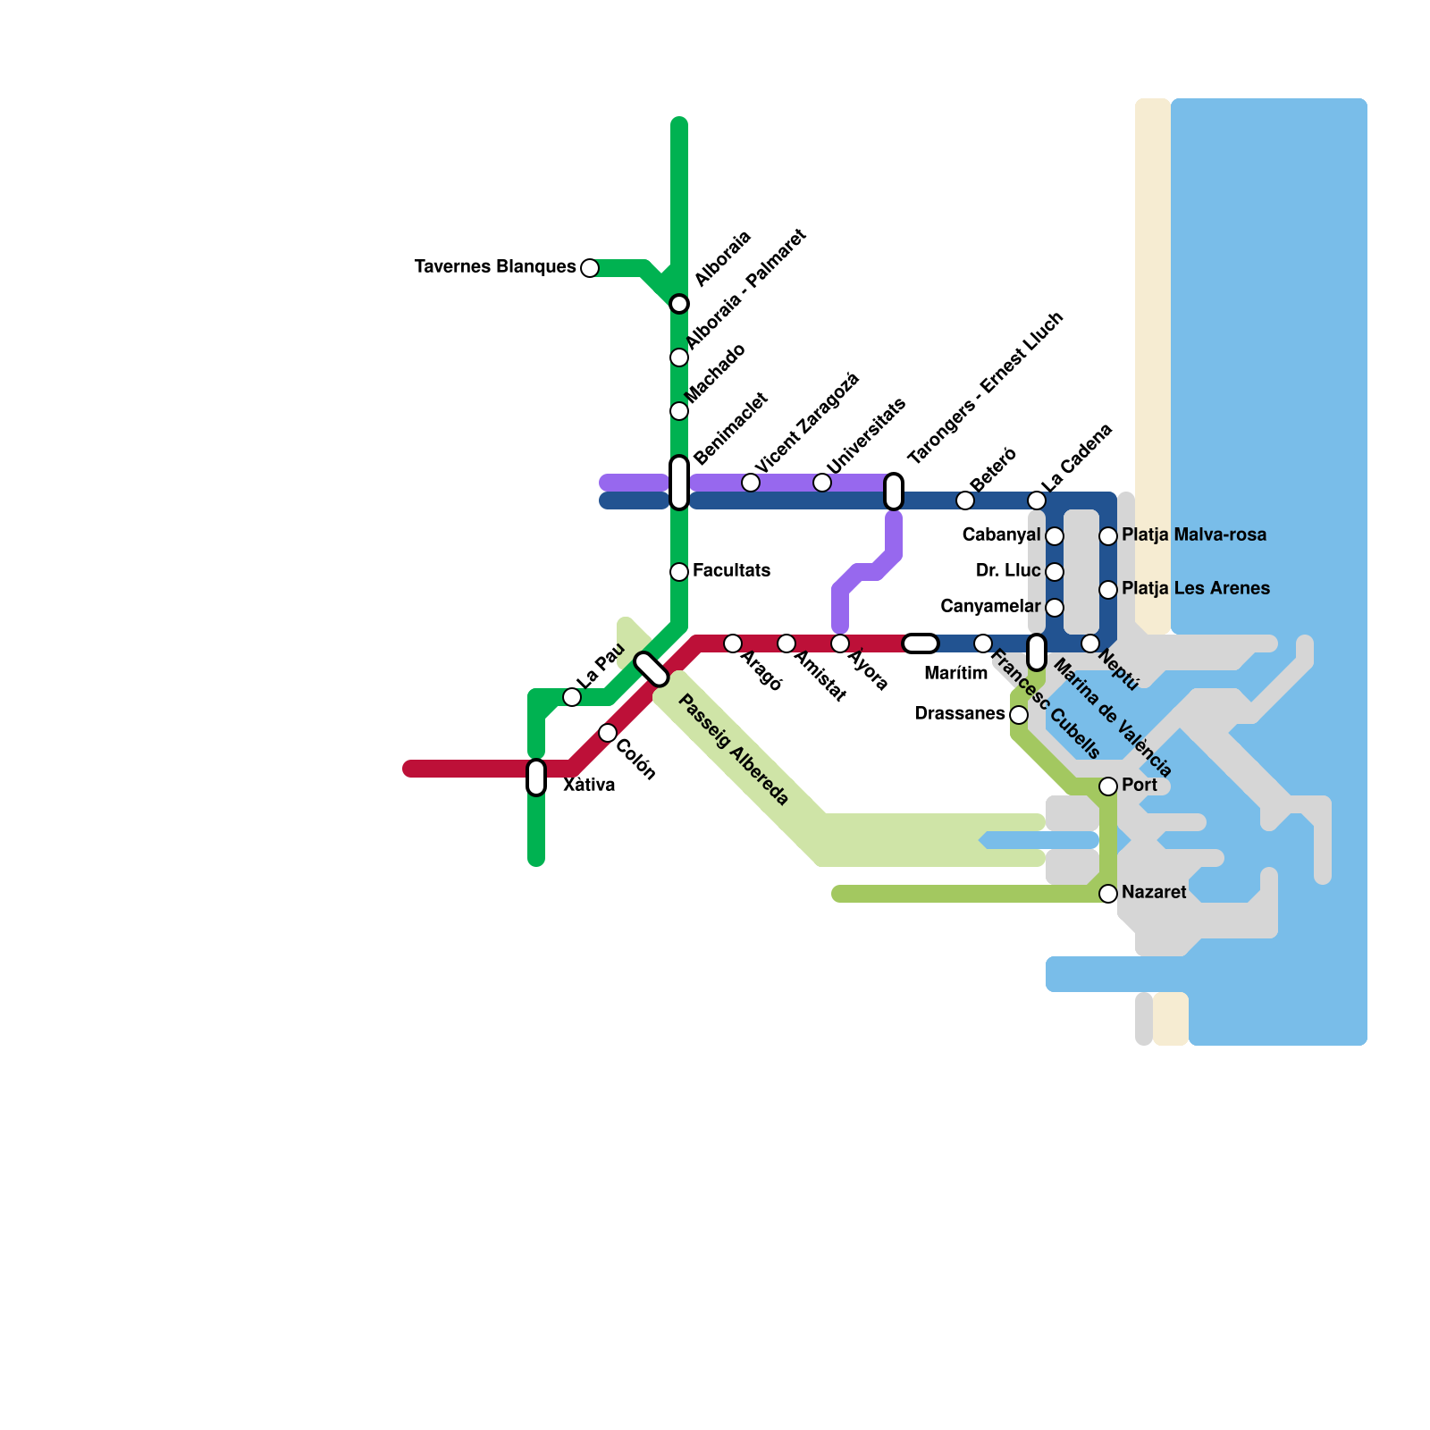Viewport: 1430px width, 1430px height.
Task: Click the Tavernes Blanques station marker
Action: click(590, 268)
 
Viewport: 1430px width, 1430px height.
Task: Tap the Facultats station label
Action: click(731, 571)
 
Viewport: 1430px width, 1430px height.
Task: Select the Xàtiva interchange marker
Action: click(536, 778)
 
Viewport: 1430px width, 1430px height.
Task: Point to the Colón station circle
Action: click(608, 733)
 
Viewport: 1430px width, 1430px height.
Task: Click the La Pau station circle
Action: click(572, 697)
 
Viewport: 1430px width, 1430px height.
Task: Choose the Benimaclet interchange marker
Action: click(679, 483)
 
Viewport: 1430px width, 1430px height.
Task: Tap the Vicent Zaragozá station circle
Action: click(751, 483)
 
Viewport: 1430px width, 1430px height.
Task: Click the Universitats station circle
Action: click(822, 483)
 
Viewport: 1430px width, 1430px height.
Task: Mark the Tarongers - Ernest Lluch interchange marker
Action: click(894, 492)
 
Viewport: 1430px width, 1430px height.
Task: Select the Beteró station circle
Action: click(965, 500)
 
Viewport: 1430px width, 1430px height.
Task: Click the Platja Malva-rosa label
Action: click(1194, 535)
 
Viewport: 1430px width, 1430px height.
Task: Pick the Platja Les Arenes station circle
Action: click(1108, 590)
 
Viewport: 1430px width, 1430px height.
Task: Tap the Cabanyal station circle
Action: click(1055, 536)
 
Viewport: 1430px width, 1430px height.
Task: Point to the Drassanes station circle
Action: click(1019, 715)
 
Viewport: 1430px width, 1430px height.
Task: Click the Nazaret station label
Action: click(1154, 893)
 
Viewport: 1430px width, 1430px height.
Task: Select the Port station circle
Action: click(1108, 786)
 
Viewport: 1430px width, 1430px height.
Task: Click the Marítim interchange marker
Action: click(921, 643)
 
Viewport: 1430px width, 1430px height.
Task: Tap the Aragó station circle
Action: click(733, 643)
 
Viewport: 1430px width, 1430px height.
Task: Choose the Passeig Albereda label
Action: click(734, 751)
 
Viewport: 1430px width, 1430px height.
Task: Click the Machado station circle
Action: click(679, 411)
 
